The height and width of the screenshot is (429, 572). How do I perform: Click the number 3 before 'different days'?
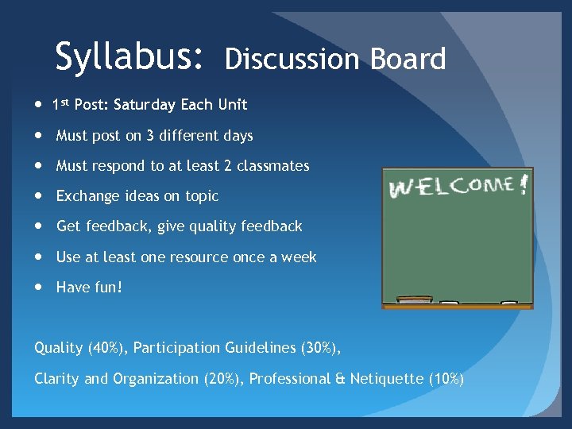pyautogui.click(x=150, y=136)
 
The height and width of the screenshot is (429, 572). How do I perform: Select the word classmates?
pyautogui.click(x=276, y=166)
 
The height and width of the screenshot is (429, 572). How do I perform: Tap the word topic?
pyautogui.click(x=200, y=197)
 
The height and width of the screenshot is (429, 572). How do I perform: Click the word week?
pyautogui.click(x=300, y=257)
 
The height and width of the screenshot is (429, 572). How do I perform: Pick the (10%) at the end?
pyautogui.click(x=446, y=379)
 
